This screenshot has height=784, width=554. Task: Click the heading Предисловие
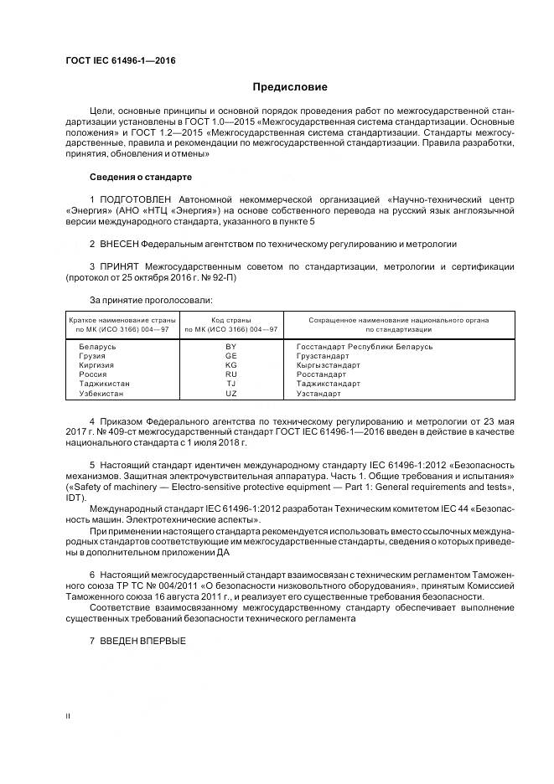click(290, 86)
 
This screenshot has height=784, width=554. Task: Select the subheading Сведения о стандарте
click(140, 177)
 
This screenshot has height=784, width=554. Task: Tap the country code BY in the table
click(231, 346)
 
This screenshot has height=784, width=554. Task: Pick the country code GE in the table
click(231, 355)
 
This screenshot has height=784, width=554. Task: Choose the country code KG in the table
click(231, 365)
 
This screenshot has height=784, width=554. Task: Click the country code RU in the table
click(231, 374)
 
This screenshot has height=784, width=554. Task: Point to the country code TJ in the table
click(231, 384)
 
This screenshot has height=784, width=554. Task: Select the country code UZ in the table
click(231, 393)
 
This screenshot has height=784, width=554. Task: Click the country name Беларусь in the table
click(98, 346)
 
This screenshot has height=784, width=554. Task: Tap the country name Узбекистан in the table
click(101, 393)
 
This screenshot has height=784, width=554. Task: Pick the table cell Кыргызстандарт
click(329, 365)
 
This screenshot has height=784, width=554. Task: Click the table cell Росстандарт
click(322, 374)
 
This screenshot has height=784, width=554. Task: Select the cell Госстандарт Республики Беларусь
click(365, 346)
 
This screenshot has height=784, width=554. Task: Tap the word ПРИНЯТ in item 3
click(117, 266)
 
